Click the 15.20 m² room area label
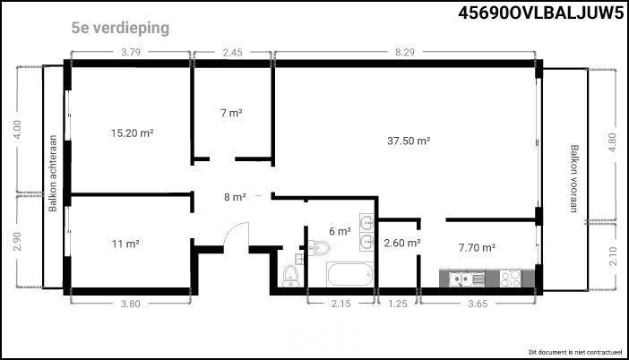coord(133,133)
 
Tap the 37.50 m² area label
coord(409,141)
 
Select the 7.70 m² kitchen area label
coord(477,248)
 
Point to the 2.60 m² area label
coord(402,243)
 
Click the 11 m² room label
coord(125,244)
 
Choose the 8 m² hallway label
coord(235,197)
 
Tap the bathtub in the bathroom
coord(350,274)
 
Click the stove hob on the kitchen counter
coord(510,279)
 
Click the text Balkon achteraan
coord(53,173)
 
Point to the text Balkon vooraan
coord(574,178)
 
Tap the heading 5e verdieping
coord(120,28)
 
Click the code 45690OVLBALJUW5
coord(541,13)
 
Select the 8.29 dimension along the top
coord(404,52)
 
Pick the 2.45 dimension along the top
coord(232,52)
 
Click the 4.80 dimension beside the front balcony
coord(612,142)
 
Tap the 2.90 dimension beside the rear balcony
coord(17,241)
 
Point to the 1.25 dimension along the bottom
coord(398,304)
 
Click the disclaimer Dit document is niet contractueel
coord(575,352)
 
